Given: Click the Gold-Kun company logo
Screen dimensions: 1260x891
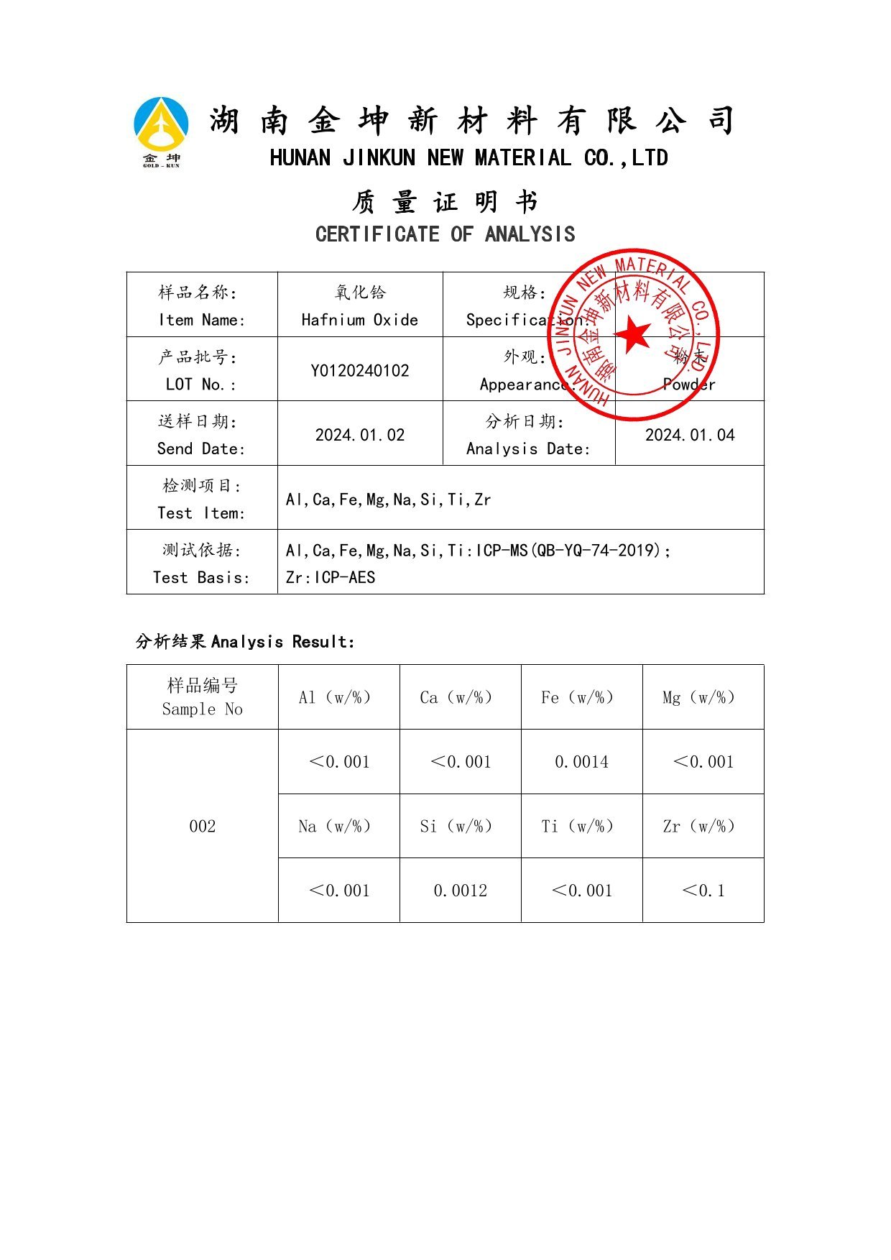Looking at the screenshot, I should click(x=162, y=132).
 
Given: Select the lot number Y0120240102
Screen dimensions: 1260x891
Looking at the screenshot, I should click(x=360, y=371).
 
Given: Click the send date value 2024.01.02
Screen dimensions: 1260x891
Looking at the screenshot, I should click(x=360, y=435).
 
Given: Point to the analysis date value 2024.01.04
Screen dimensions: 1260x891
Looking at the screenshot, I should click(x=690, y=435).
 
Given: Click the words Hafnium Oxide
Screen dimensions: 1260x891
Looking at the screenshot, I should click(x=360, y=320).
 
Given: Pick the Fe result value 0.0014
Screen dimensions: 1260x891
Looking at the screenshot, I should click(x=581, y=762).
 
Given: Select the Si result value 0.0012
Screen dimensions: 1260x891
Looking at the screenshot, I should click(x=460, y=891).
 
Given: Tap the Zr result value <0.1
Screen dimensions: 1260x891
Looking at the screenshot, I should click(x=703, y=891).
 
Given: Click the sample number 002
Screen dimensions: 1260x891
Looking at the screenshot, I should click(x=202, y=827).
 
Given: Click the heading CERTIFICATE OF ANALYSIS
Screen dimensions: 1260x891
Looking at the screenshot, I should click(x=445, y=234).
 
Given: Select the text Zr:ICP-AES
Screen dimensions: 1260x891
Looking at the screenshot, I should click(x=331, y=578).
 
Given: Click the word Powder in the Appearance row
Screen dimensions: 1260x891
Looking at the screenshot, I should click(x=689, y=385).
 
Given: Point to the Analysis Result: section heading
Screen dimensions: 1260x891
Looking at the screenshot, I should click(x=245, y=641).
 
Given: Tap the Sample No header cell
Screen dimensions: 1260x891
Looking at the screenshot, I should click(x=202, y=697).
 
